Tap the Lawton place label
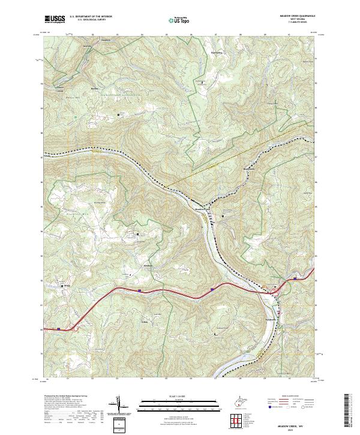[87, 46]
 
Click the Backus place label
[94, 88]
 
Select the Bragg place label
[67, 286]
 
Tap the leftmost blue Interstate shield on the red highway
[59, 328]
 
